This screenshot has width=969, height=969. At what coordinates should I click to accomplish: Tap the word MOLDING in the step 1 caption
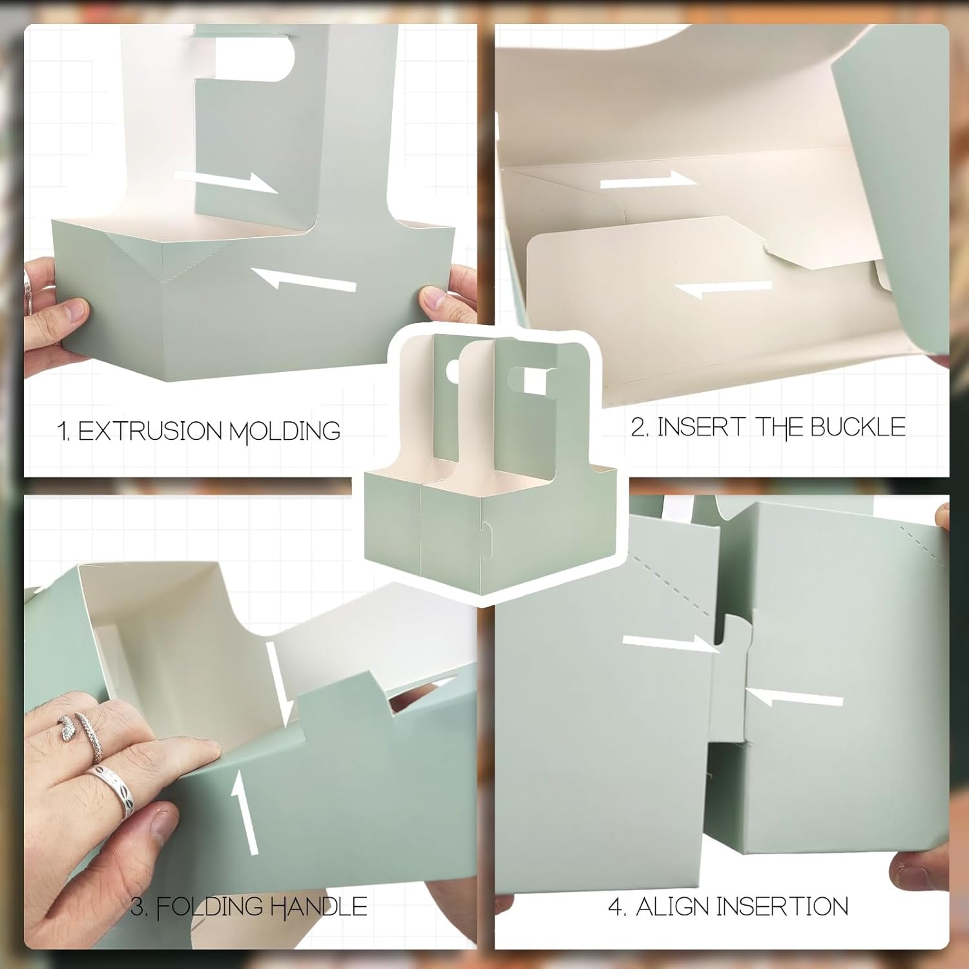coord(285,432)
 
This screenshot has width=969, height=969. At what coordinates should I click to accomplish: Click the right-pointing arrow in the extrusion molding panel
coord(225,182)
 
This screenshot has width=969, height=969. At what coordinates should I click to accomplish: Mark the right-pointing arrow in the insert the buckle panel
coord(649,180)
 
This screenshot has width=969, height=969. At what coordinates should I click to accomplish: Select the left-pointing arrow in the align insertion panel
coord(795,698)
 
